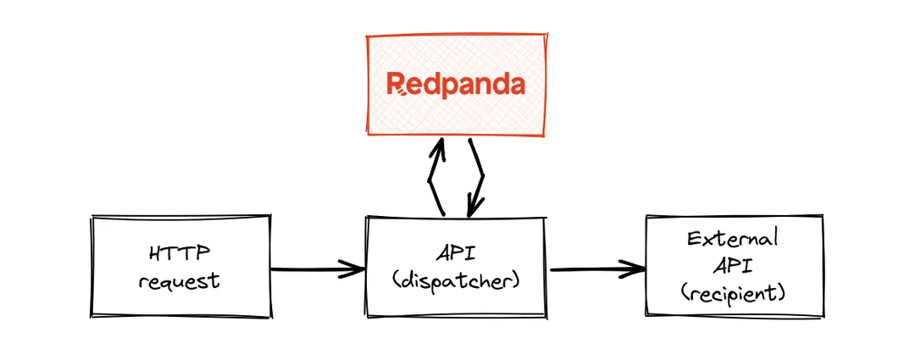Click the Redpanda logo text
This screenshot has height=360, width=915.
[x=455, y=84]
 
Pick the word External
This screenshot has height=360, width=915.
[x=734, y=238]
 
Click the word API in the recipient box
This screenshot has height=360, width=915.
[x=734, y=266]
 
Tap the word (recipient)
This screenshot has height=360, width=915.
[x=734, y=293]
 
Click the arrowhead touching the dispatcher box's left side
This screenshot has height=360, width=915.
[x=354, y=270]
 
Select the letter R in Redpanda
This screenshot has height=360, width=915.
[x=396, y=84]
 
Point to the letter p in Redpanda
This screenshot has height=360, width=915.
[x=441, y=86]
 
